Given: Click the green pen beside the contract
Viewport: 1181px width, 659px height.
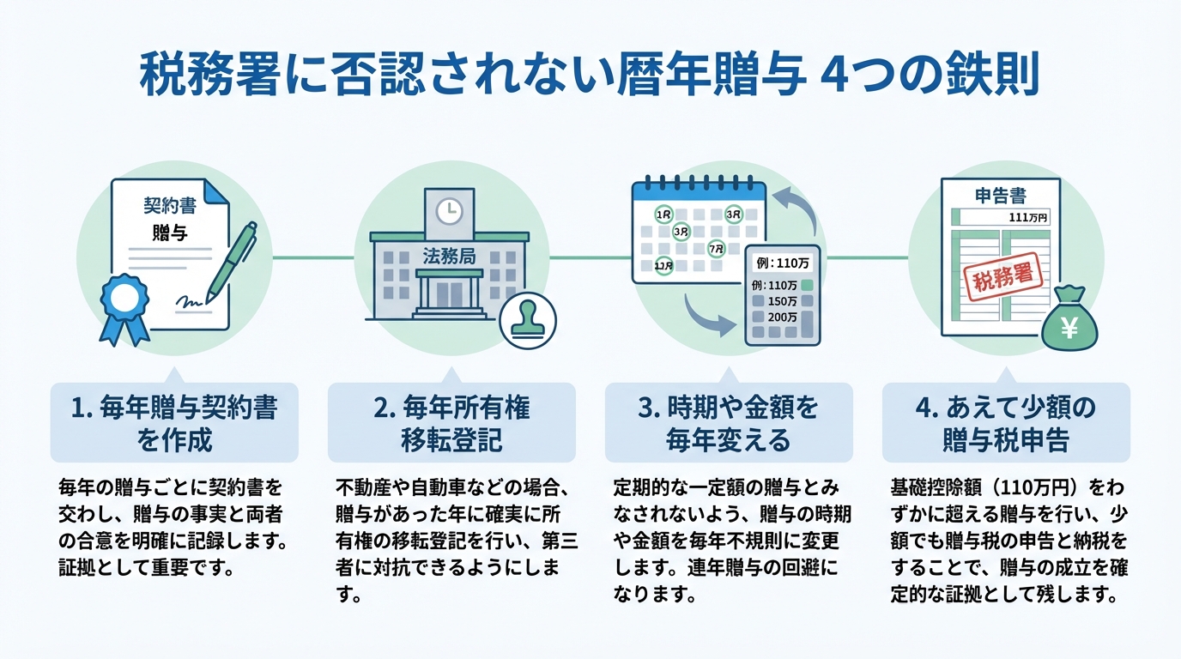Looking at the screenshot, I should [226, 257].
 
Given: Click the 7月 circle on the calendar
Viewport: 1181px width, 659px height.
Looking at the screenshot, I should [716, 249].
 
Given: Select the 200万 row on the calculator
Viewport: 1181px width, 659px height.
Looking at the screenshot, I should [782, 317].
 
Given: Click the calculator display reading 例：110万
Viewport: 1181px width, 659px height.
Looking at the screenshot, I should [780, 263].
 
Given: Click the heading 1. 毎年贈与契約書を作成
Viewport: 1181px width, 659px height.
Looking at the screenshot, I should [174, 422].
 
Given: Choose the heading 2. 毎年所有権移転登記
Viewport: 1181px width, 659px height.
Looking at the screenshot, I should [451, 422].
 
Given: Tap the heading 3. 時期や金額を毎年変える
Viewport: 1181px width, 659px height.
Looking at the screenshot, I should [729, 422].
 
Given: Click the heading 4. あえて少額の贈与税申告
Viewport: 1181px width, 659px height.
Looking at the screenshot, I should [1006, 422].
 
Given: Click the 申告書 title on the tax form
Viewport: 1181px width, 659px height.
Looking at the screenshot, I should [1000, 196].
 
